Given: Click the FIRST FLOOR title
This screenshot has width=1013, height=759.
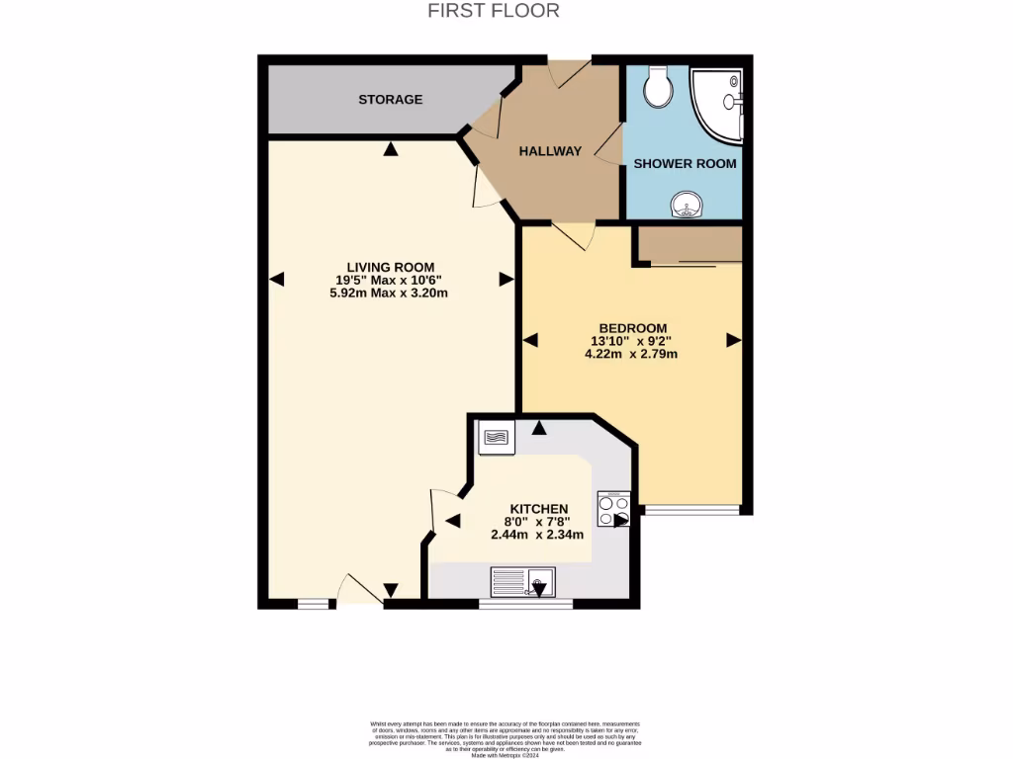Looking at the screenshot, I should coord(494,11).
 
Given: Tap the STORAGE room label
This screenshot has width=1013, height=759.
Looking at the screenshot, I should coord(390,100).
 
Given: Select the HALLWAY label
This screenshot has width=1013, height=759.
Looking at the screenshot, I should coord(551,151).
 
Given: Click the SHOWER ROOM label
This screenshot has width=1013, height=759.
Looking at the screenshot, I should coord(685,163).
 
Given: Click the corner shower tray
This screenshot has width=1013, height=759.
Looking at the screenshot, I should coord(717,104).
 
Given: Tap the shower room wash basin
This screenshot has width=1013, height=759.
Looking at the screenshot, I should coord(686,205).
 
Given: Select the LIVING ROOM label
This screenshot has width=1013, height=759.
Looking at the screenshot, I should coord(391,267).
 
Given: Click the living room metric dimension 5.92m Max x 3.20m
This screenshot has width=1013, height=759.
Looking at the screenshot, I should coord(391,293).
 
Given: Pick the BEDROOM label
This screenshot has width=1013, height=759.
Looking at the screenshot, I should coord(632,328).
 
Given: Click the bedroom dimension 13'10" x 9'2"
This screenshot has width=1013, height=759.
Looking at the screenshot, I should coord(632,341).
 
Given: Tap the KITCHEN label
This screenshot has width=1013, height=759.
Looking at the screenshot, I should coord(539,508).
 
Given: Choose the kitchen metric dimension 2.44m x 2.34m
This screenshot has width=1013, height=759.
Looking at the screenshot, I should coord(537,535).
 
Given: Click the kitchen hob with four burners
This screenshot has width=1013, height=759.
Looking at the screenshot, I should coord(613,509).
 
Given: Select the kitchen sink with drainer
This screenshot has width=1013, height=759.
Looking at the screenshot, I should coord(523,582).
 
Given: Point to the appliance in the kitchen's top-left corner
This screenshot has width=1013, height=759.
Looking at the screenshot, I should coord(497,437).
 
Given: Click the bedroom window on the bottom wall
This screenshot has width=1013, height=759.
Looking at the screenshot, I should coord(691,510).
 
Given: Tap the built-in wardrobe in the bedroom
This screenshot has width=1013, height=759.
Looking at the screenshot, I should coord(690,245).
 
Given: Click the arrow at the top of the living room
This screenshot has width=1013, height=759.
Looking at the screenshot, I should coord(392,149).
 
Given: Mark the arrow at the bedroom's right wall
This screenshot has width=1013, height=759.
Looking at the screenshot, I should coord(733,340).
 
